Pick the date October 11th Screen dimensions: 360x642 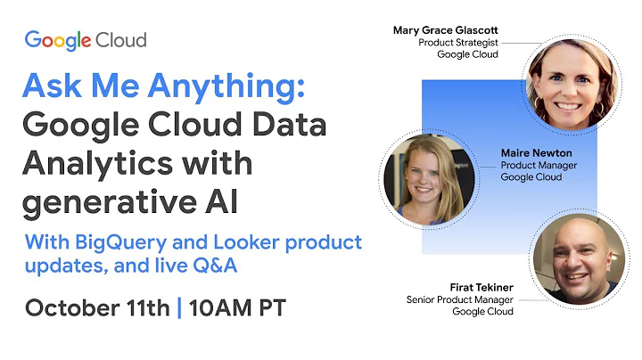point(97,307)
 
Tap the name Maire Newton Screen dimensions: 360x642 point(537,152)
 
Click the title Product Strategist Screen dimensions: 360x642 point(458,42)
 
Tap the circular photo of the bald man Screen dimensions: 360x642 point(579,257)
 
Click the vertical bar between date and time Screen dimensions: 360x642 point(178,307)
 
